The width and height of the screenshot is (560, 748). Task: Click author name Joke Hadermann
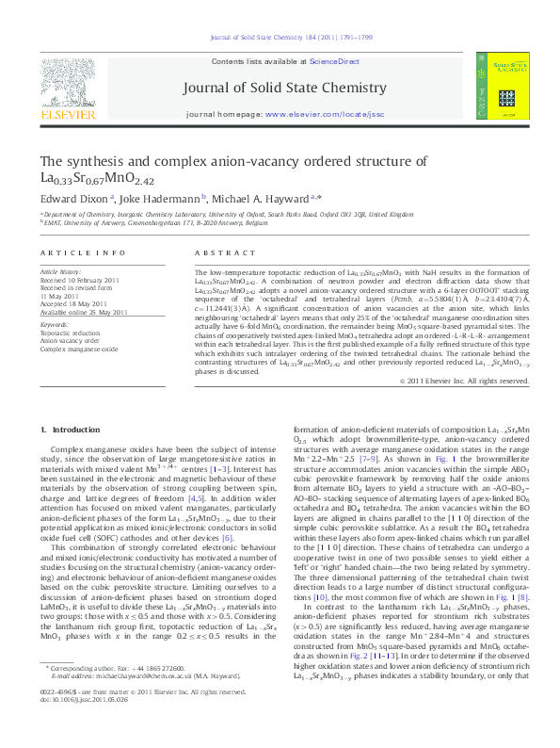coord(159,199)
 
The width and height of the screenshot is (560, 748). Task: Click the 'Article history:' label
coord(61,271)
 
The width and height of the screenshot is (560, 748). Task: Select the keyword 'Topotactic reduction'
coord(72,333)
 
